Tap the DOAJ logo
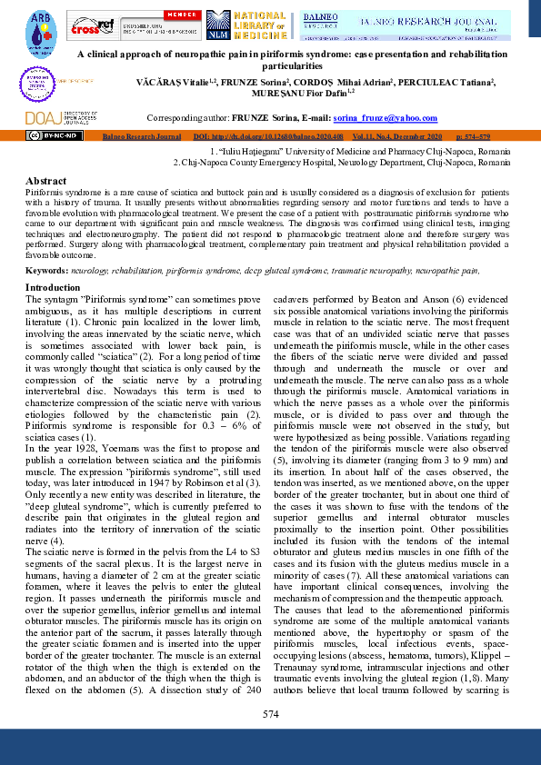pyautogui.click(x=47, y=118)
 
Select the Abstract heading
pyautogui.click(x=45, y=182)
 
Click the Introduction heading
pyautogui.click(x=53, y=287)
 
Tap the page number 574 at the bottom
pyautogui.click(x=270, y=715)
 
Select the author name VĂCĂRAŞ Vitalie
pyautogui.click(x=265, y=81)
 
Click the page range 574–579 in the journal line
pyautogui.click(x=488, y=134)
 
